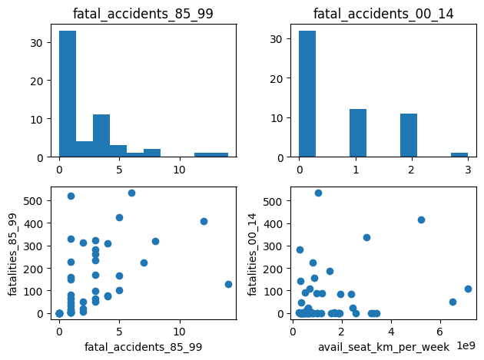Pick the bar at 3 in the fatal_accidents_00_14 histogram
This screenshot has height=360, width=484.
[459, 154]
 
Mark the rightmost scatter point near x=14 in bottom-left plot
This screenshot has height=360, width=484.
[228, 284]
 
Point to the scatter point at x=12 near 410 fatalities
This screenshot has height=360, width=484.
[204, 221]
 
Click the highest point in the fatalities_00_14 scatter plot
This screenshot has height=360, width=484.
[318, 193]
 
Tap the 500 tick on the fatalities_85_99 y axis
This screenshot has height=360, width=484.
[35, 201]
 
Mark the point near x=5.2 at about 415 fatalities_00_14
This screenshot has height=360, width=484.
[421, 220]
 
